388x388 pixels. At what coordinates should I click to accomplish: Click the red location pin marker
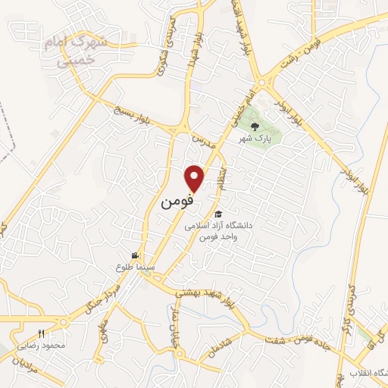point(196,177)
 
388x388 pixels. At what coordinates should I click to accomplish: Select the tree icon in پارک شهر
point(255,127)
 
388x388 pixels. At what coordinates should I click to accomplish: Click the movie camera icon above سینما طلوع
point(135,256)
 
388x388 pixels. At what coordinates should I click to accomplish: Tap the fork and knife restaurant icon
point(42,333)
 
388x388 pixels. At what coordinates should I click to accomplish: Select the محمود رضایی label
point(60,345)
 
